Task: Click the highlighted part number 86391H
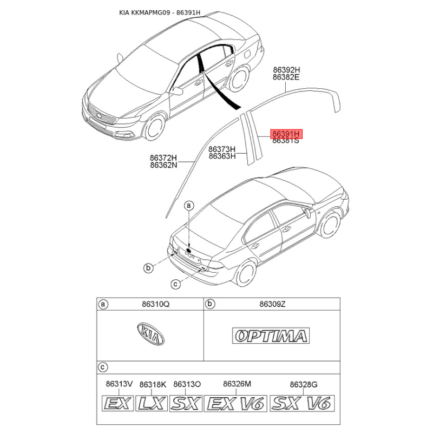287,133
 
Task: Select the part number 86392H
286,70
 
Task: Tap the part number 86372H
163,158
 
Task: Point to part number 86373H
222,149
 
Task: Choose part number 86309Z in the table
272,305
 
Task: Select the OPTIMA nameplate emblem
270,336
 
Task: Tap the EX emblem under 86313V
119,403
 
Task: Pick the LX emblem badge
152,403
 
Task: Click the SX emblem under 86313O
186,403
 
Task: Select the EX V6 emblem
237,403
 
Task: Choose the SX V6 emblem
303,403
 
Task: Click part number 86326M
237,384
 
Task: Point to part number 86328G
303,384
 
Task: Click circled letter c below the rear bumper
175,284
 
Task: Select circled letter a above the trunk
189,206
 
